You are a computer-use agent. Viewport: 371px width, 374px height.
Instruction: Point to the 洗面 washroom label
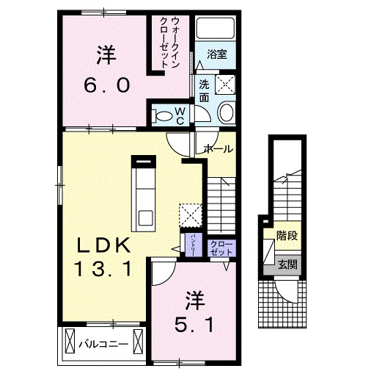pos(203,90)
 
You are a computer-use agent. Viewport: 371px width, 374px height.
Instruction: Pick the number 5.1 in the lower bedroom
pos(194,323)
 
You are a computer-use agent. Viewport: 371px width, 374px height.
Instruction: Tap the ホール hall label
pos(218,148)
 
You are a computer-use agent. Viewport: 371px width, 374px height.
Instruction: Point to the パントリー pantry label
pos(188,241)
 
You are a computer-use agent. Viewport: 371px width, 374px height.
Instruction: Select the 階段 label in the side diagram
pos(286,237)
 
